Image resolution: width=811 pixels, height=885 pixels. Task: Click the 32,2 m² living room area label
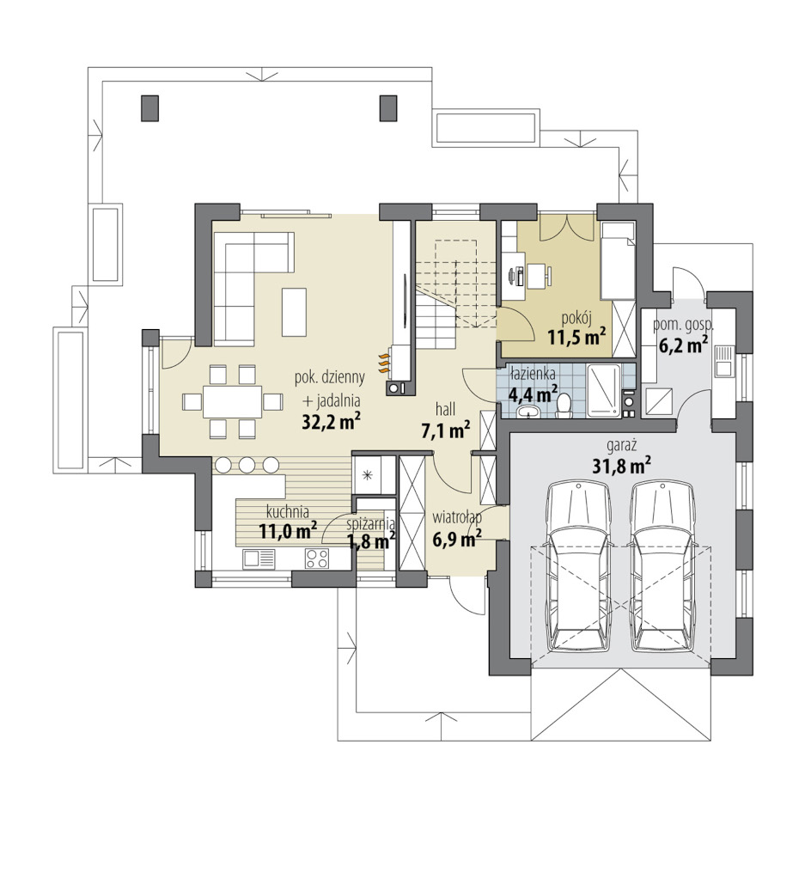click(332, 421)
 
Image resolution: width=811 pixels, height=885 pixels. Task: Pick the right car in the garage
click(663, 567)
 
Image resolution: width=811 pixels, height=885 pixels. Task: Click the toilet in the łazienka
click(563, 406)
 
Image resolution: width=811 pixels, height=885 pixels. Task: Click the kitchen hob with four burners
click(317, 558)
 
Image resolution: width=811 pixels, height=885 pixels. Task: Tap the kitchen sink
click(259, 558)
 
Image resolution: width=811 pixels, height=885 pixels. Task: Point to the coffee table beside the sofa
click(295, 312)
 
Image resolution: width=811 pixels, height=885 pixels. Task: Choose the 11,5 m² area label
click(576, 338)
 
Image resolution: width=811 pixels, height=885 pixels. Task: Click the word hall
click(445, 409)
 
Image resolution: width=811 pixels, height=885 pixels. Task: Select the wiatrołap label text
click(456, 517)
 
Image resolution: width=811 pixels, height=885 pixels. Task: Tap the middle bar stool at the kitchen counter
click(247, 465)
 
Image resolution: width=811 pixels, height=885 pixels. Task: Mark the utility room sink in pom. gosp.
click(723, 361)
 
